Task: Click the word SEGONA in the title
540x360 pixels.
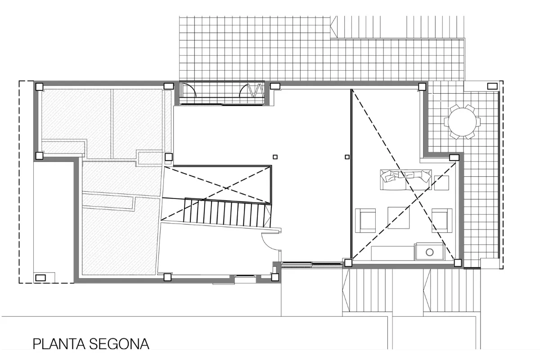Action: pyautogui.click(x=119, y=344)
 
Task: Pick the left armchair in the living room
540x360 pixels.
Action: pyautogui.click(x=365, y=220)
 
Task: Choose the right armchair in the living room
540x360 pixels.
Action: pyautogui.click(x=442, y=220)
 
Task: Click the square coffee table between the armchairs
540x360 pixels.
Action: pyautogui.click(x=399, y=217)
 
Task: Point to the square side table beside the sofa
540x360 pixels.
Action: pyautogui.click(x=441, y=183)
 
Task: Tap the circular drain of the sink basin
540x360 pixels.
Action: pyautogui.click(x=429, y=252)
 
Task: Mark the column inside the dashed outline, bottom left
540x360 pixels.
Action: pyautogui.click(x=40, y=278)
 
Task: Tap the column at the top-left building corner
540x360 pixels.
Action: pyautogui.click(x=39, y=86)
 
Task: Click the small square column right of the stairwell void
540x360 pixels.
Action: pyautogui.click(x=275, y=157)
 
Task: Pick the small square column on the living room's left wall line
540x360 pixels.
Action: pyautogui.click(x=346, y=157)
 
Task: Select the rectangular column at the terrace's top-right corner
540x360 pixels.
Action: pyautogui.click(x=492, y=85)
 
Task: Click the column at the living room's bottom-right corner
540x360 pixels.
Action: pyautogui.click(x=458, y=263)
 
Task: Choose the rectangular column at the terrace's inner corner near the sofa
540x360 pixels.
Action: pyautogui.click(x=454, y=157)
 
